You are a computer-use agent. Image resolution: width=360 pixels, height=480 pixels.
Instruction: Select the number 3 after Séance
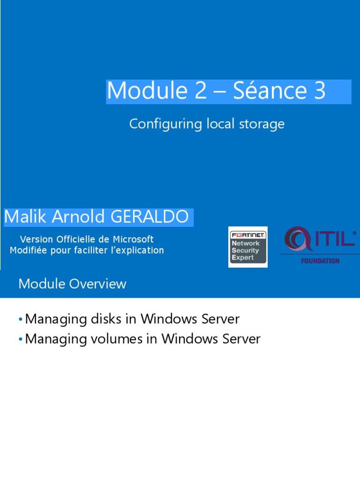pos(319,90)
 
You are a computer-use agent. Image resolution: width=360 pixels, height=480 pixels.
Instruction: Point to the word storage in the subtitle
pos(263,124)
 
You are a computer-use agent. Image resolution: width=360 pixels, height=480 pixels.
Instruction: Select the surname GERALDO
pos(150,217)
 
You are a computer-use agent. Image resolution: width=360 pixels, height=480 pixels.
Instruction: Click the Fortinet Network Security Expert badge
pos(247,247)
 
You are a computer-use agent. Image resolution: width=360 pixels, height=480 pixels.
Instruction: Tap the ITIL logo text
pos(334,239)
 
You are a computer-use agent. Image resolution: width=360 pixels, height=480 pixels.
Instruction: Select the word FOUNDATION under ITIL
pos(320,261)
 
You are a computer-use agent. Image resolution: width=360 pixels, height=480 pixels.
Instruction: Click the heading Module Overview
pos(72,284)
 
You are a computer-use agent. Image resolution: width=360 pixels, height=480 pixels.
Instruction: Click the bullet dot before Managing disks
pos(21,320)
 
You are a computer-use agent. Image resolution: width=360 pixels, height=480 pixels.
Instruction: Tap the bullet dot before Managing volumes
pos(21,339)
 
